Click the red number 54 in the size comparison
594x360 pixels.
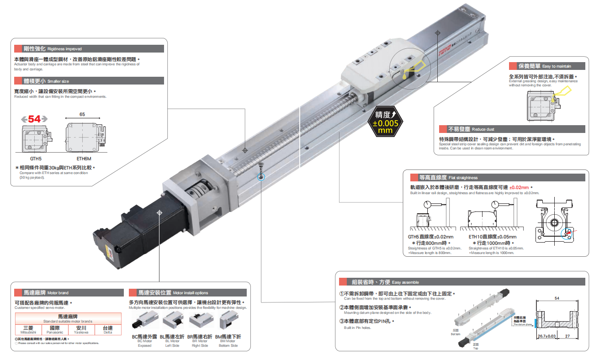[x=35, y=119]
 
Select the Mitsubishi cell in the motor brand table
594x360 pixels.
[x=28, y=329]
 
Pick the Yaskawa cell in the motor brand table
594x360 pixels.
[x=81, y=329]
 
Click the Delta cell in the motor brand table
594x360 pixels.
[x=108, y=329]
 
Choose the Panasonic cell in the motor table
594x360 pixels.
[x=55, y=329]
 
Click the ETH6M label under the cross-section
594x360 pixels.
[x=83, y=159]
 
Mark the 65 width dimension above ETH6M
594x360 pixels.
[x=82, y=114]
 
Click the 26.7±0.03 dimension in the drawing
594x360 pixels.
[x=547, y=336]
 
